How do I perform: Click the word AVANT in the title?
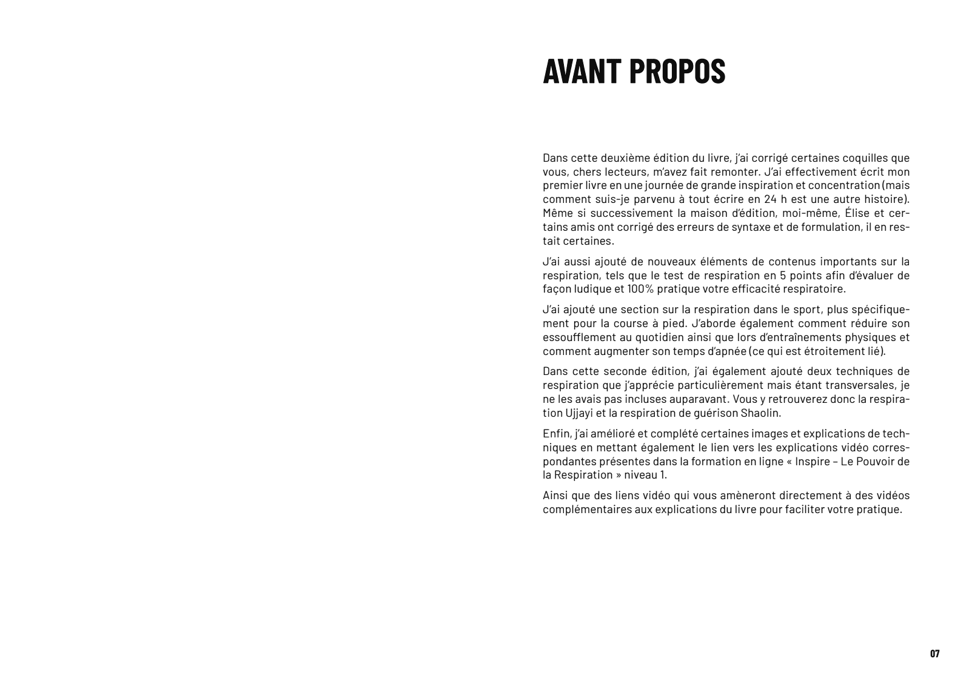point(580,71)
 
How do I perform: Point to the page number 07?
point(934,654)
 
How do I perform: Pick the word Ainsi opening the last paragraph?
point(555,496)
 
